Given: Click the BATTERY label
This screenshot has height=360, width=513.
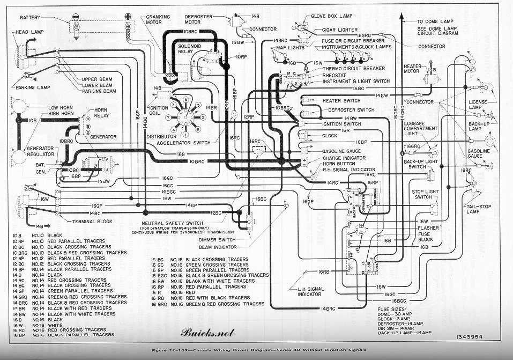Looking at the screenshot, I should [x=30, y=18].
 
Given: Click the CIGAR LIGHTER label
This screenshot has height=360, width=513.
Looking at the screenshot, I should [x=340, y=30].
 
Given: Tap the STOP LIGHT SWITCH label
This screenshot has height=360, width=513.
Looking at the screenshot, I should [x=425, y=194].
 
